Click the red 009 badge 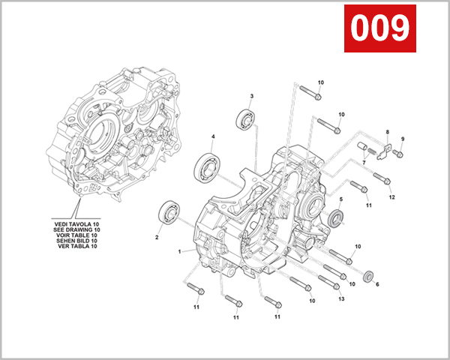tap(379, 28)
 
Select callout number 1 tap(180, 251)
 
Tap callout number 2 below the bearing tap(157, 238)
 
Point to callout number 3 tap(251, 97)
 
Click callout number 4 tap(213, 136)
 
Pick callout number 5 tap(340, 199)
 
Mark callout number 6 tap(376, 284)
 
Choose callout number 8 tap(388, 133)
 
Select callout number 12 tap(391, 197)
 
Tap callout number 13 tap(340, 299)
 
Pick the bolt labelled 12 tap(382, 179)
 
